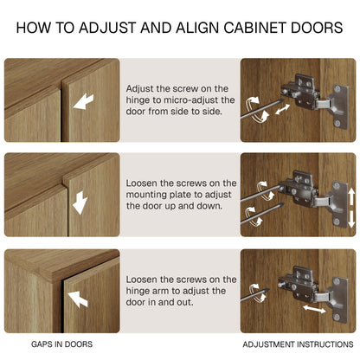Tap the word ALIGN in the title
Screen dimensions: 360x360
point(197,28)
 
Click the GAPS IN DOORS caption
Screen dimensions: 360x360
point(61,344)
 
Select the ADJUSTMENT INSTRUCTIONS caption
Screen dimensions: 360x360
point(298,344)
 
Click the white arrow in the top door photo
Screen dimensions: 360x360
point(83,101)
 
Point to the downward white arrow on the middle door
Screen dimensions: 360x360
point(80,202)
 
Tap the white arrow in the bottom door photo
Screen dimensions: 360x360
point(78,299)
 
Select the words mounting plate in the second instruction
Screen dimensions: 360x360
point(158,195)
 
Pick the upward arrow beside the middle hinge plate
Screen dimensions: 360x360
point(351,196)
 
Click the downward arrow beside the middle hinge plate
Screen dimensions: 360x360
point(351,220)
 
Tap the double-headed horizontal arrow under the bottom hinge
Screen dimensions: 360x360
point(314,310)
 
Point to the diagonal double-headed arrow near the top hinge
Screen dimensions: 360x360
point(282,109)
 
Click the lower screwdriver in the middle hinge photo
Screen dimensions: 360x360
point(262,213)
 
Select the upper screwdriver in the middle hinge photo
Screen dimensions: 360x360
point(260,193)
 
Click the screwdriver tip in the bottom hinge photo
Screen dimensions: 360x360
point(267,290)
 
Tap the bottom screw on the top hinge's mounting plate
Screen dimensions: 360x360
point(337,124)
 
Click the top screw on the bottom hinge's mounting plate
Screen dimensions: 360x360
point(337,280)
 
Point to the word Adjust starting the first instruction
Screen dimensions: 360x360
point(139,89)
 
